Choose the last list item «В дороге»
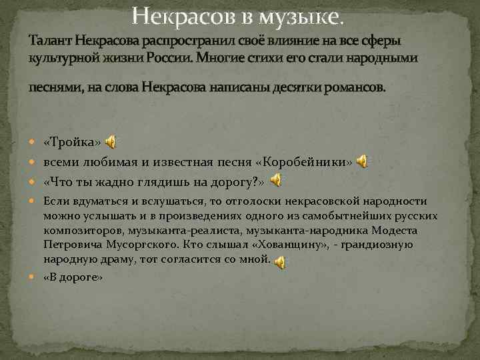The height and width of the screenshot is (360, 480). [x=73, y=277]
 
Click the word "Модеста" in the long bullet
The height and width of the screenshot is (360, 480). [x=395, y=231]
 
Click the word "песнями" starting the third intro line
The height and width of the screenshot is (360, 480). [x=50, y=88]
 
